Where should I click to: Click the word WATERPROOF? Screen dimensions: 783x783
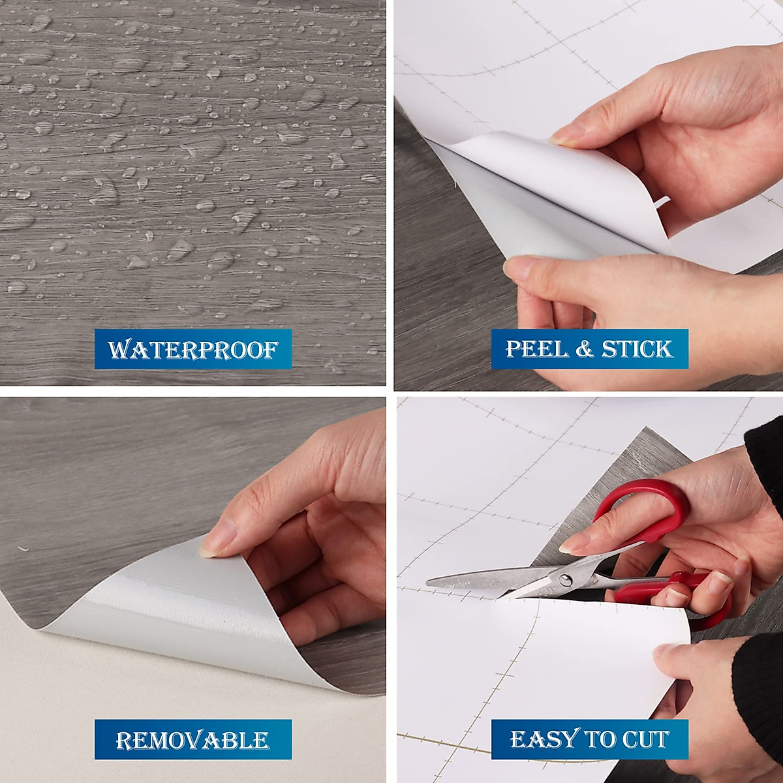(193, 350)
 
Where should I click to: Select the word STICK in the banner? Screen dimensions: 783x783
(636, 349)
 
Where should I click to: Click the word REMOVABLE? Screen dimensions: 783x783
(192, 740)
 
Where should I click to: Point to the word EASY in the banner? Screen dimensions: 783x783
(544, 739)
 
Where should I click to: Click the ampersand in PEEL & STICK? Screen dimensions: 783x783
(584, 349)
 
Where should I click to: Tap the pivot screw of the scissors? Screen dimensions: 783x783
(564, 579)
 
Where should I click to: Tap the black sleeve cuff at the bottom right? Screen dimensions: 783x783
(757, 685)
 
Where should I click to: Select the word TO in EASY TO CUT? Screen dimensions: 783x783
(598, 739)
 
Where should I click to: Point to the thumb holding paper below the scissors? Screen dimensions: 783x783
(672, 652)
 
